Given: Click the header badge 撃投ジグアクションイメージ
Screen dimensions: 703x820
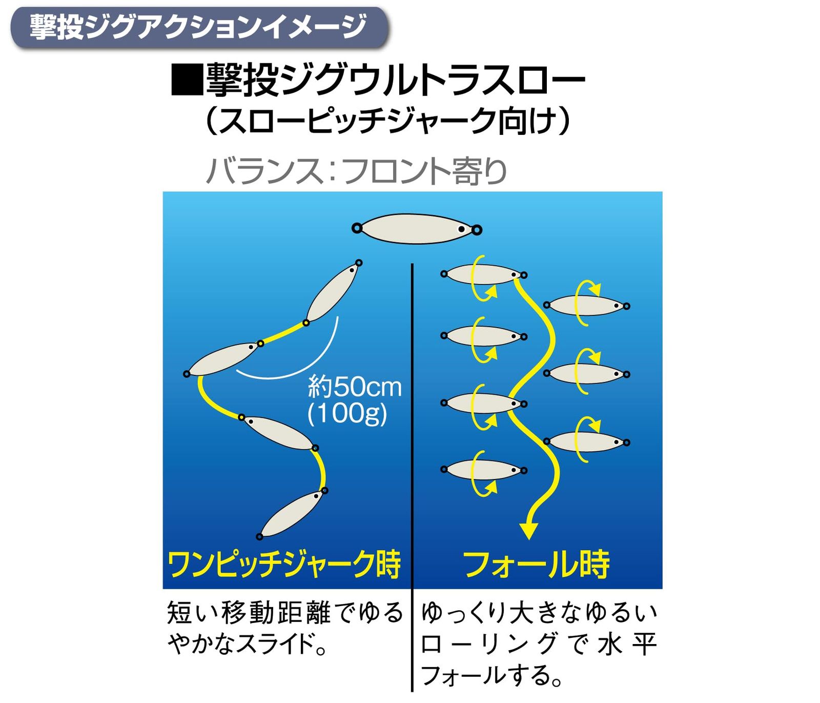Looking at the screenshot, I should point(199,27).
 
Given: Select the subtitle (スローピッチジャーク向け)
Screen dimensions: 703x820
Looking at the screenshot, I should point(387,122).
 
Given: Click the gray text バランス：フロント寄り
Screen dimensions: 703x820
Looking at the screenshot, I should point(356,171).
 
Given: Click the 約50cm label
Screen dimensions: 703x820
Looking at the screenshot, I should point(355,387).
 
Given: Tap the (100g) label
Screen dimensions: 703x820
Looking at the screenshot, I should point(347,413).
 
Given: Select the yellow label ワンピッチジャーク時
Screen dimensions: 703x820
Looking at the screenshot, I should point(284,565).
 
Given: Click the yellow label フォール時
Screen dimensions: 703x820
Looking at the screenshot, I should point(536,565).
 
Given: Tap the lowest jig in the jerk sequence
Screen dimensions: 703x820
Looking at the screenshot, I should point(291,514).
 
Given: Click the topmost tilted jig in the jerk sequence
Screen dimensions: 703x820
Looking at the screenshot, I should point(332,292).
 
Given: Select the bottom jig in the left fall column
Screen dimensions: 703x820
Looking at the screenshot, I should point(483,470).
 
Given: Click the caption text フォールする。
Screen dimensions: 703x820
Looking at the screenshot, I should point(491,675).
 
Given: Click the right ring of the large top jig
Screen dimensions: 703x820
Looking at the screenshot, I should point(477,230).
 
